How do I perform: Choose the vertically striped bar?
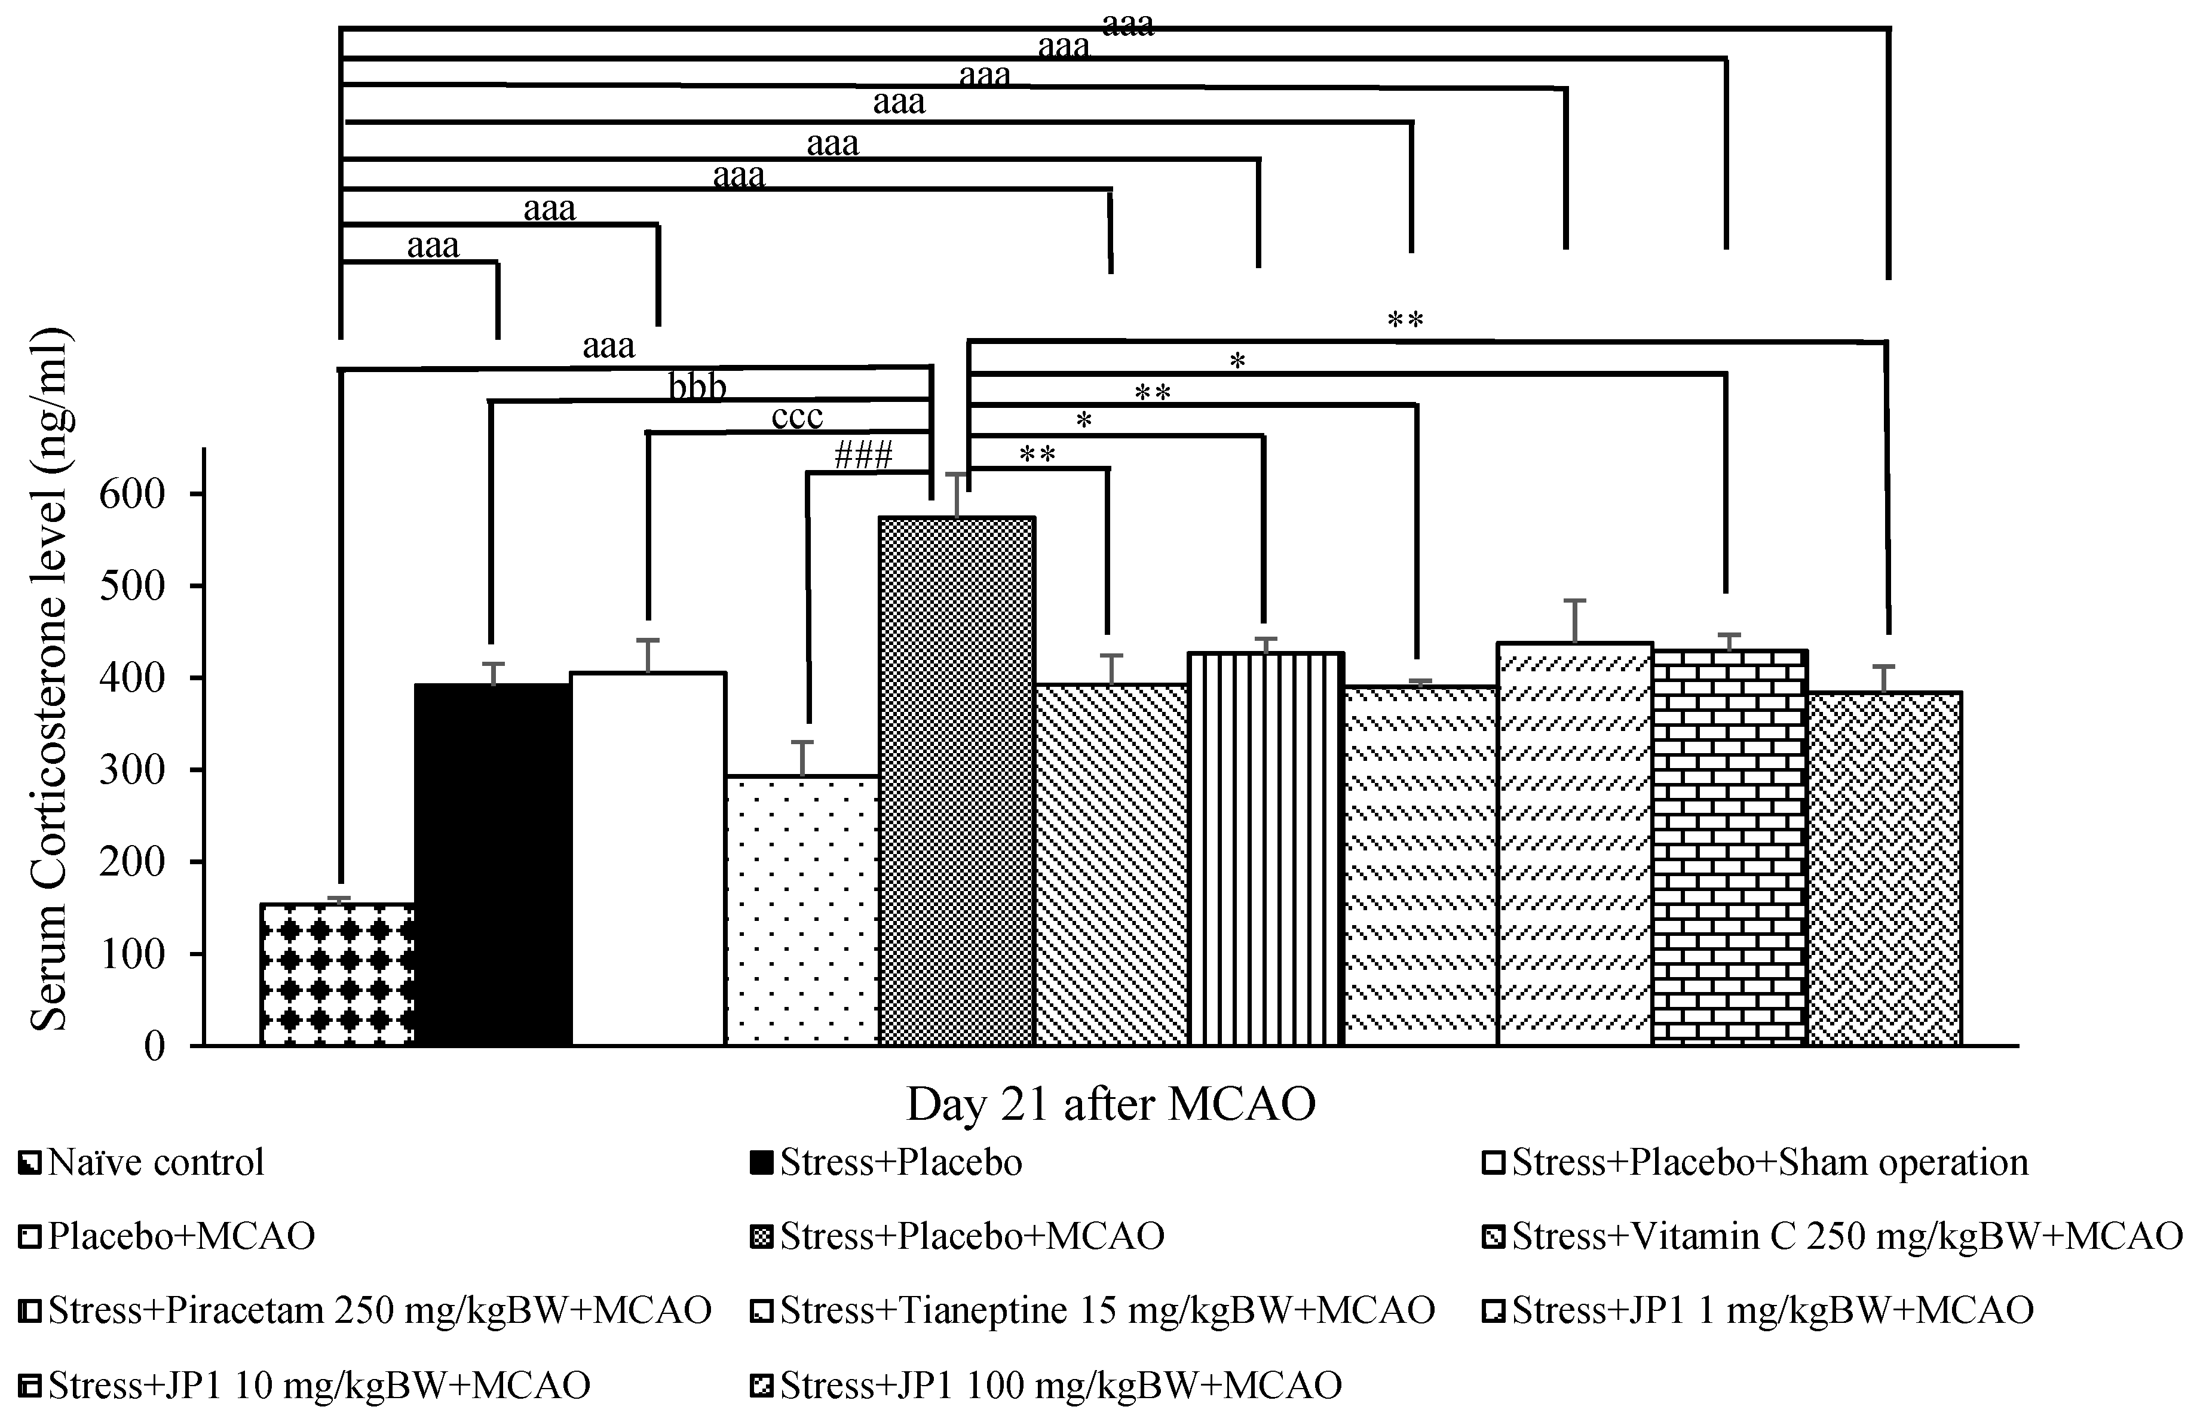1265,849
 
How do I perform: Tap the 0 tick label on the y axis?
155,1047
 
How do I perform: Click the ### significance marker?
863,455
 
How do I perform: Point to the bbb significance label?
698,387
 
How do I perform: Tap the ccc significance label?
796,417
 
